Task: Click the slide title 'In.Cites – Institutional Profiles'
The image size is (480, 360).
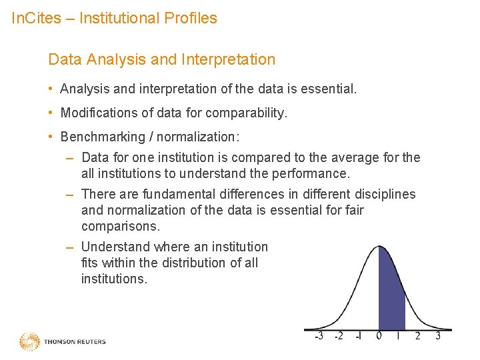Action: (115, 18)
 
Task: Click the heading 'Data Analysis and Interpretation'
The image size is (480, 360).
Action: (161, 59)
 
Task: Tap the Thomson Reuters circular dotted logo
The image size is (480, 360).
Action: (29, 341)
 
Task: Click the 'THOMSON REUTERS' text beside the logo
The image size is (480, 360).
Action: (75, 342)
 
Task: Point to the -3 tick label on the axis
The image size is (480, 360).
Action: (319, 336)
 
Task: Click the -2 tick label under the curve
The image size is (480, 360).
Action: (339, 336)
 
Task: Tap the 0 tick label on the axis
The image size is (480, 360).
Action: (379, 336)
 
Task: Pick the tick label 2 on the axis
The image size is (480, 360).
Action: (418, 336)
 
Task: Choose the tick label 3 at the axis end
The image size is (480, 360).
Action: (438, 336)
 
